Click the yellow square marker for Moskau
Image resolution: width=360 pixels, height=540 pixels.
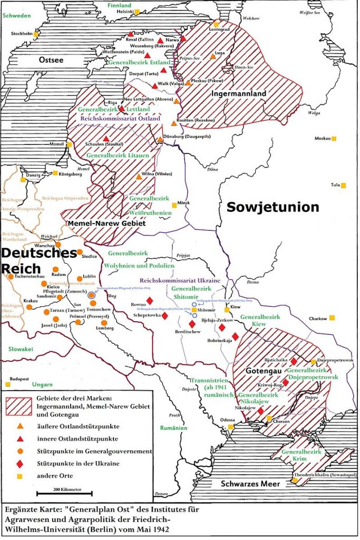334,139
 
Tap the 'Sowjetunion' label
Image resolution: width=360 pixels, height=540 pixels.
273,207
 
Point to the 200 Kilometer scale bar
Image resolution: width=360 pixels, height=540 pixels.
64,494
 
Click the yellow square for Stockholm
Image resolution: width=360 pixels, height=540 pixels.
36,34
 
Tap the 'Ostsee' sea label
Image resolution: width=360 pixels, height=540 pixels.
52,60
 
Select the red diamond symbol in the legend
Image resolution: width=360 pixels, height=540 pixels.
20,464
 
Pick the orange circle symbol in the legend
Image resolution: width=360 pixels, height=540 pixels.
20,451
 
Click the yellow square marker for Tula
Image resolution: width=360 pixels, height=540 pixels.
343,186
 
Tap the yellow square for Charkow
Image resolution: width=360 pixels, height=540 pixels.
332,318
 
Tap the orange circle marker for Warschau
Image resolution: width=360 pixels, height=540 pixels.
59,245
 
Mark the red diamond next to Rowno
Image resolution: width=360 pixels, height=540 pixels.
150,301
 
